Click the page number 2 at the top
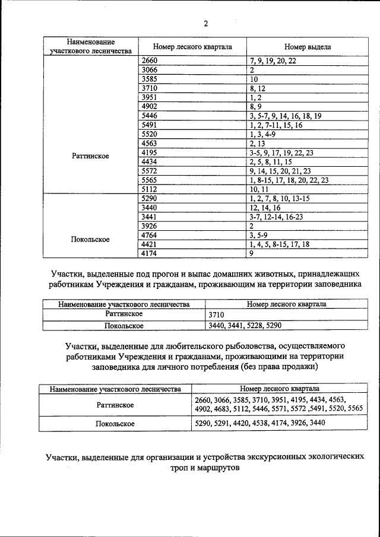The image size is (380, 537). pyautogui.click(x=205, y=24)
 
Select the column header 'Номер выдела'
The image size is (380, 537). pyautogui.click(x=307, y=46)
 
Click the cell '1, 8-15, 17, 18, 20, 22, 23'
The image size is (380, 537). pyautogui.click(x=289, y=179)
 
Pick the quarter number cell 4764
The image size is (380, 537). pyautogui.click(x=150, y=235)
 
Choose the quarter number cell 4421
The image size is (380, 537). pyautogui.click(x=150, y=244)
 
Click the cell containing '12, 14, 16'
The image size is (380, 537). pyautogui.click(x=266, y=207)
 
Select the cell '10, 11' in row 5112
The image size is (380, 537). pyautogui.click(x=259, y=189)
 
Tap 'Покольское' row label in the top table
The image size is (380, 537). pyautogui.click(x=90, y=239)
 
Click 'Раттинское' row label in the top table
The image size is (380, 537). pyautogui.click(x=91, y=156)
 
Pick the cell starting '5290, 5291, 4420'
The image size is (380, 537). pyautogui.click(x=260, y=424)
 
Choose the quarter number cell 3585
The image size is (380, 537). pyautogui.click(x=150, y=79)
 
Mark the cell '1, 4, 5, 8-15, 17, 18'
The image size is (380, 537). pyautogui.click(x=280, y=244)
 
